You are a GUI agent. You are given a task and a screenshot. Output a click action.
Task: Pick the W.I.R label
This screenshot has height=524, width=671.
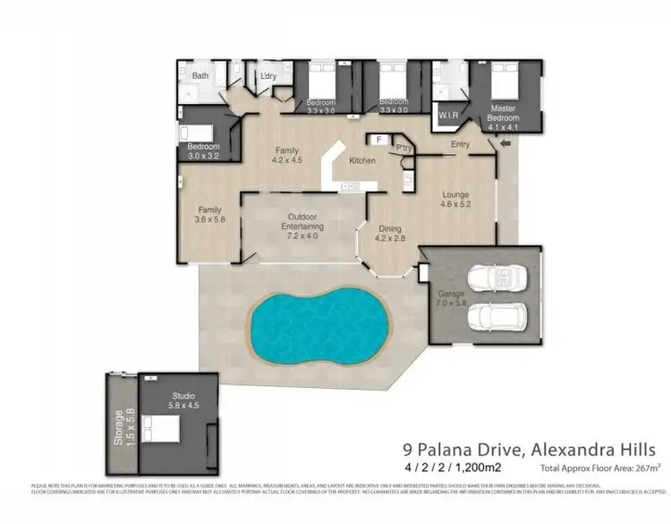coord(449,116)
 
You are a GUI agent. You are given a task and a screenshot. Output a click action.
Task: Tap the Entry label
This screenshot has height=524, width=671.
coord(462,143)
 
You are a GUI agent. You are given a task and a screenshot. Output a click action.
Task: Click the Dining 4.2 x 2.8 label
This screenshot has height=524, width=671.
coord(390,233)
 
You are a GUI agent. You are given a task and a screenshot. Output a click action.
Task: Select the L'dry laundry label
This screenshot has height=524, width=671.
coord(268,76)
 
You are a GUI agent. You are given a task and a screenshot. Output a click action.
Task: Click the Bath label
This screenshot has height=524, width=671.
coord(200,76)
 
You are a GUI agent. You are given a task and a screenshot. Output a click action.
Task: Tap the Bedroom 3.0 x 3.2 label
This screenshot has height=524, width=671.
coord(203,150)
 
